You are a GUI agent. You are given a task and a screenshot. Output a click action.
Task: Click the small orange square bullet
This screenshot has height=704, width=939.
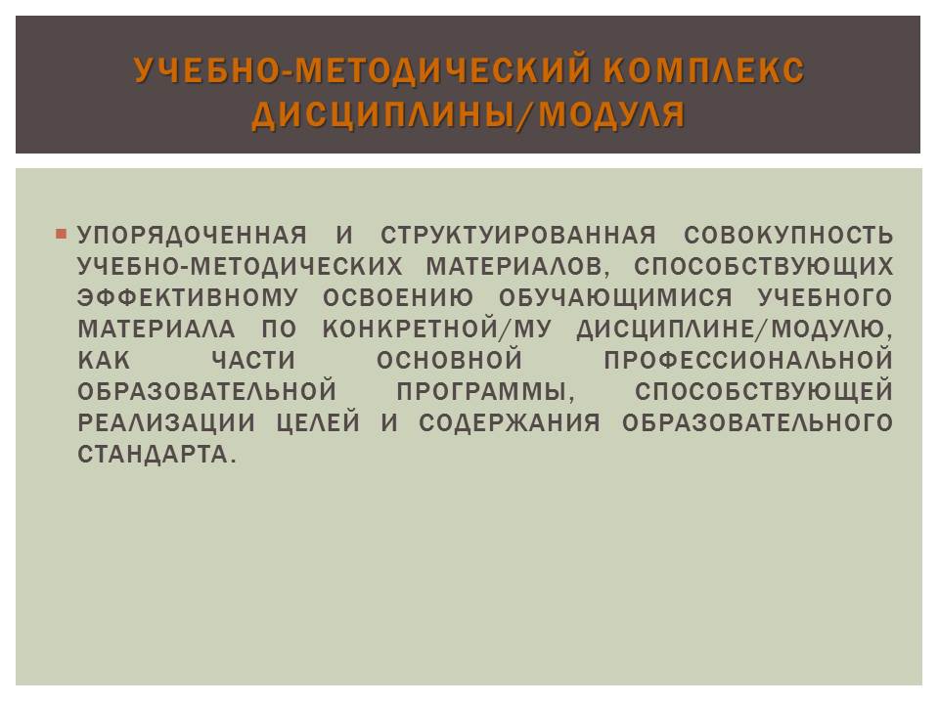(x=61, y=234)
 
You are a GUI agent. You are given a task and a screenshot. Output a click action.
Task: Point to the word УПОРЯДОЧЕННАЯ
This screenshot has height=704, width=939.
(x=193, y=236)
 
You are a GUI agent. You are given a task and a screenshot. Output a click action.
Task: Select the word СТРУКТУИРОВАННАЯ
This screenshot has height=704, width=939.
(x=518, y=236)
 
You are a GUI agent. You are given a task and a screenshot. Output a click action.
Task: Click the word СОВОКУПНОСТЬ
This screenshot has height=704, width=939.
(x=788, y=236)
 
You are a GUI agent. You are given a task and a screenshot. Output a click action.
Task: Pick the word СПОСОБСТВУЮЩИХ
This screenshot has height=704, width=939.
(x=764, y=267)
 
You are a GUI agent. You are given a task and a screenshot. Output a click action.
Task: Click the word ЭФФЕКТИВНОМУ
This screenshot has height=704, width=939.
(x=188, y=298)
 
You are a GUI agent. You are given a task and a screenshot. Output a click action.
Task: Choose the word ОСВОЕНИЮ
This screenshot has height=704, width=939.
(x=398, y=298)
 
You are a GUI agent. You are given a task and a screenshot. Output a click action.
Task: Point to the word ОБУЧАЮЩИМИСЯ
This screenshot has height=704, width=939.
(x=615, y=298)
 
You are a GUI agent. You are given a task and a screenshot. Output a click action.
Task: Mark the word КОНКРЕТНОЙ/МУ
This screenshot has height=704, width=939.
(x=436, y=330)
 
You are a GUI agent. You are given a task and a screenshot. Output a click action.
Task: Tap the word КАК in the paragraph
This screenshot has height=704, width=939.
(x=104, y=361)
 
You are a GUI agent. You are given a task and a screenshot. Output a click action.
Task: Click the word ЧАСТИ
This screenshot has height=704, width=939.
(x=253, y=361)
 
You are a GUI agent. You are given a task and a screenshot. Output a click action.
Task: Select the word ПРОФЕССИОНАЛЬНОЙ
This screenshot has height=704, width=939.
(x=748, y=361)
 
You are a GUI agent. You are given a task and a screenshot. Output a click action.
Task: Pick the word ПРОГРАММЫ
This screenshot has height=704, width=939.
(x=485, y=392)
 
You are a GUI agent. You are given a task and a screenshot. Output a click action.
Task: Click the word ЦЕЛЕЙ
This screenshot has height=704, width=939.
(x=318, y=423)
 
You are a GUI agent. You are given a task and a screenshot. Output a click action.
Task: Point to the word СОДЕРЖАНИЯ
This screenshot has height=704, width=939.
(x=509, y=423)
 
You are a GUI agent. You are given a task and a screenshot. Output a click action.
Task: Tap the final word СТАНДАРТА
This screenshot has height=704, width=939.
(x=156, y=455)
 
